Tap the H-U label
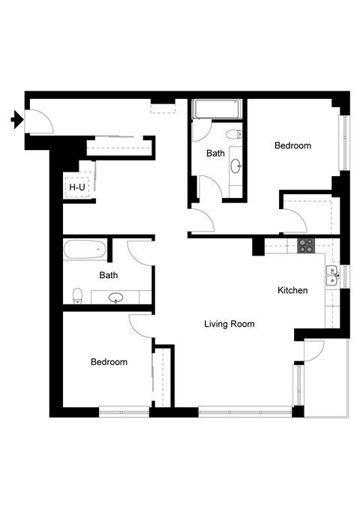76,187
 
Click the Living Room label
229,325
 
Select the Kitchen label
292,291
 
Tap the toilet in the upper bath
235,134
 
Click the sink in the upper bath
235,165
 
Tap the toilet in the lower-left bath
76,295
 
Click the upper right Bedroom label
292,145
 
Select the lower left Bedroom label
109,362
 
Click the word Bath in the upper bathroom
216,154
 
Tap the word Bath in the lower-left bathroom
109,275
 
